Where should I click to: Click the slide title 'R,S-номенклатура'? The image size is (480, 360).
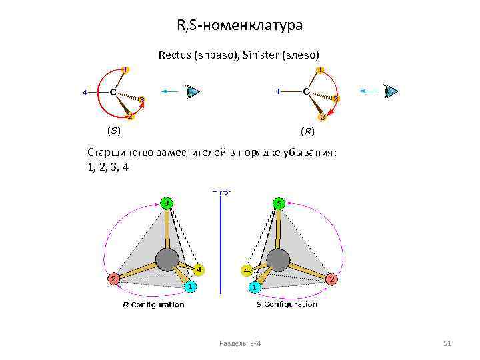pos(239,26)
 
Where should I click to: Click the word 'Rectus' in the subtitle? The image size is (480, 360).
pos(175,55)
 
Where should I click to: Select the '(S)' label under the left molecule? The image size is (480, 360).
pos(114,130)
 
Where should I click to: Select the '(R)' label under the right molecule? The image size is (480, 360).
pos(307,130)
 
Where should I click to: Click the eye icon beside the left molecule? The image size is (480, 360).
pos(193,91)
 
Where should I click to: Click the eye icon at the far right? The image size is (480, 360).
pos(392,91)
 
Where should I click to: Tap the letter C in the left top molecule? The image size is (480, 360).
pos(113,91)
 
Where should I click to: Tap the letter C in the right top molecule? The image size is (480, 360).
pos(305,91)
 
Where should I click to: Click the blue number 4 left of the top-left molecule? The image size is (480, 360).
pos(85,92)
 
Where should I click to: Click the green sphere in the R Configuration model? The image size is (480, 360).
pos(167,203)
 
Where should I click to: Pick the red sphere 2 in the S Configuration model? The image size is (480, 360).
pos(331,279)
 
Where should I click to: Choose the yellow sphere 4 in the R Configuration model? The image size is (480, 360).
pos(199,270)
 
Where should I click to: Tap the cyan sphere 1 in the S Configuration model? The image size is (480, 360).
pos(254,287)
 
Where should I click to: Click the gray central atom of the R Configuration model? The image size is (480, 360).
pos(167,259)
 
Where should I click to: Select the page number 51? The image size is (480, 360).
pos(447,343)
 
